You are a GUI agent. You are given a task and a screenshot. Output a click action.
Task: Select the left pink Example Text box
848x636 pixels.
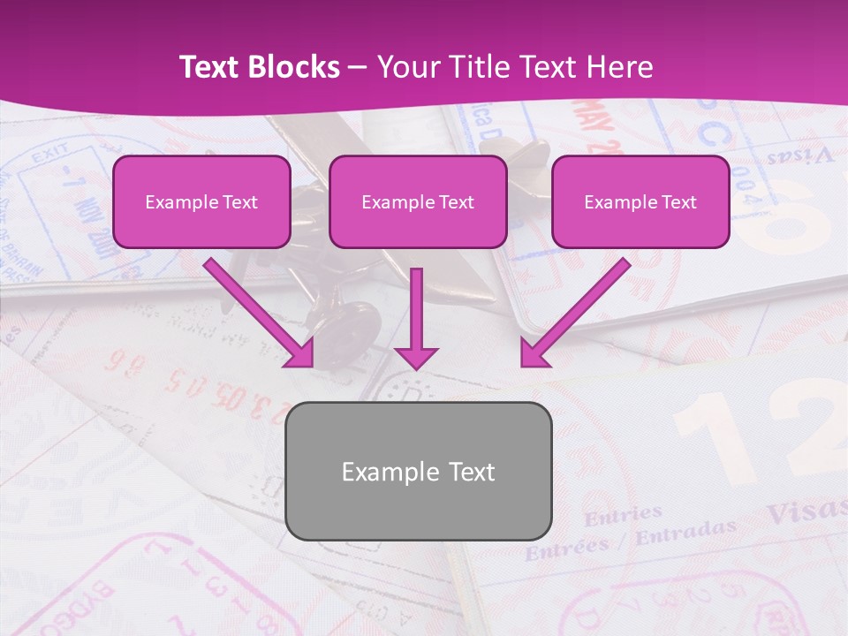[x=201, y=202]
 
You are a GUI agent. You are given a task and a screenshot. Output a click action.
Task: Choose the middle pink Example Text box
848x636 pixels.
[x=418, y=202]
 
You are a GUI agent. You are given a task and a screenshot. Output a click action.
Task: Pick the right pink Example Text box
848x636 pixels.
[x=640, y=202]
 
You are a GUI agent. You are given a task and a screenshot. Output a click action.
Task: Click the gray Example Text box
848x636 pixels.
[x=419, y=471]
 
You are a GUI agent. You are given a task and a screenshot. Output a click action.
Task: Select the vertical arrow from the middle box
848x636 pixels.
[x=416, y=318]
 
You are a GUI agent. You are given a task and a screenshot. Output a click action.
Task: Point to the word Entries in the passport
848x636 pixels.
[x=623, y=514]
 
